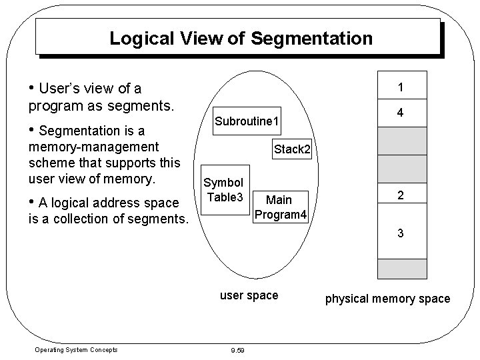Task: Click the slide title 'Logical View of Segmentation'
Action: point(241,38)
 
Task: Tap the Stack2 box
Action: point(292,149)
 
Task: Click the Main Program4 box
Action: point(279,207)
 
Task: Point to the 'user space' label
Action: point(249,295)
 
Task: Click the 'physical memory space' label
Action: point(387,299)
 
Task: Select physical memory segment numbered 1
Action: point(399,87)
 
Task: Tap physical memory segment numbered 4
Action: point(399,113)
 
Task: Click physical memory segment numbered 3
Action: point(399,233)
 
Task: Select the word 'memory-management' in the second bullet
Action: point(93,147)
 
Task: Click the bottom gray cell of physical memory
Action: point(399,268)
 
